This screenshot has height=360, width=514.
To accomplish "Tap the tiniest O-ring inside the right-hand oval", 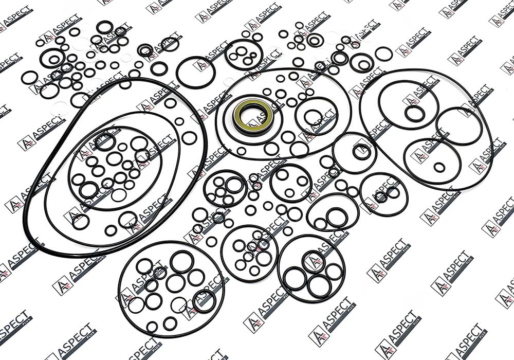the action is (439, 167).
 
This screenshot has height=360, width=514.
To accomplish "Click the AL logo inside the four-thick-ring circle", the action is (313, 261).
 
